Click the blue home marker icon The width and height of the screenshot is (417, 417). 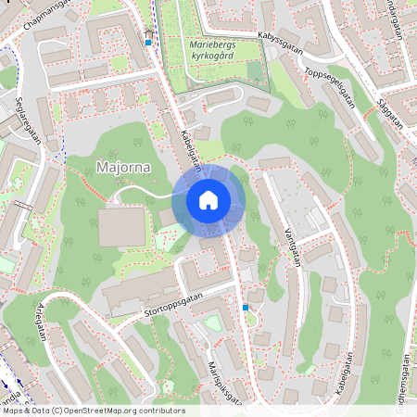pyautogui.click(x=208, y=199)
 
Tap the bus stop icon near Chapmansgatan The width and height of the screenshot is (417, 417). pyautogui.click(x=148, y=41)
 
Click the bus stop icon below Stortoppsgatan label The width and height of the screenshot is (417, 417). pyautogui.click(x=245, y=307)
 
